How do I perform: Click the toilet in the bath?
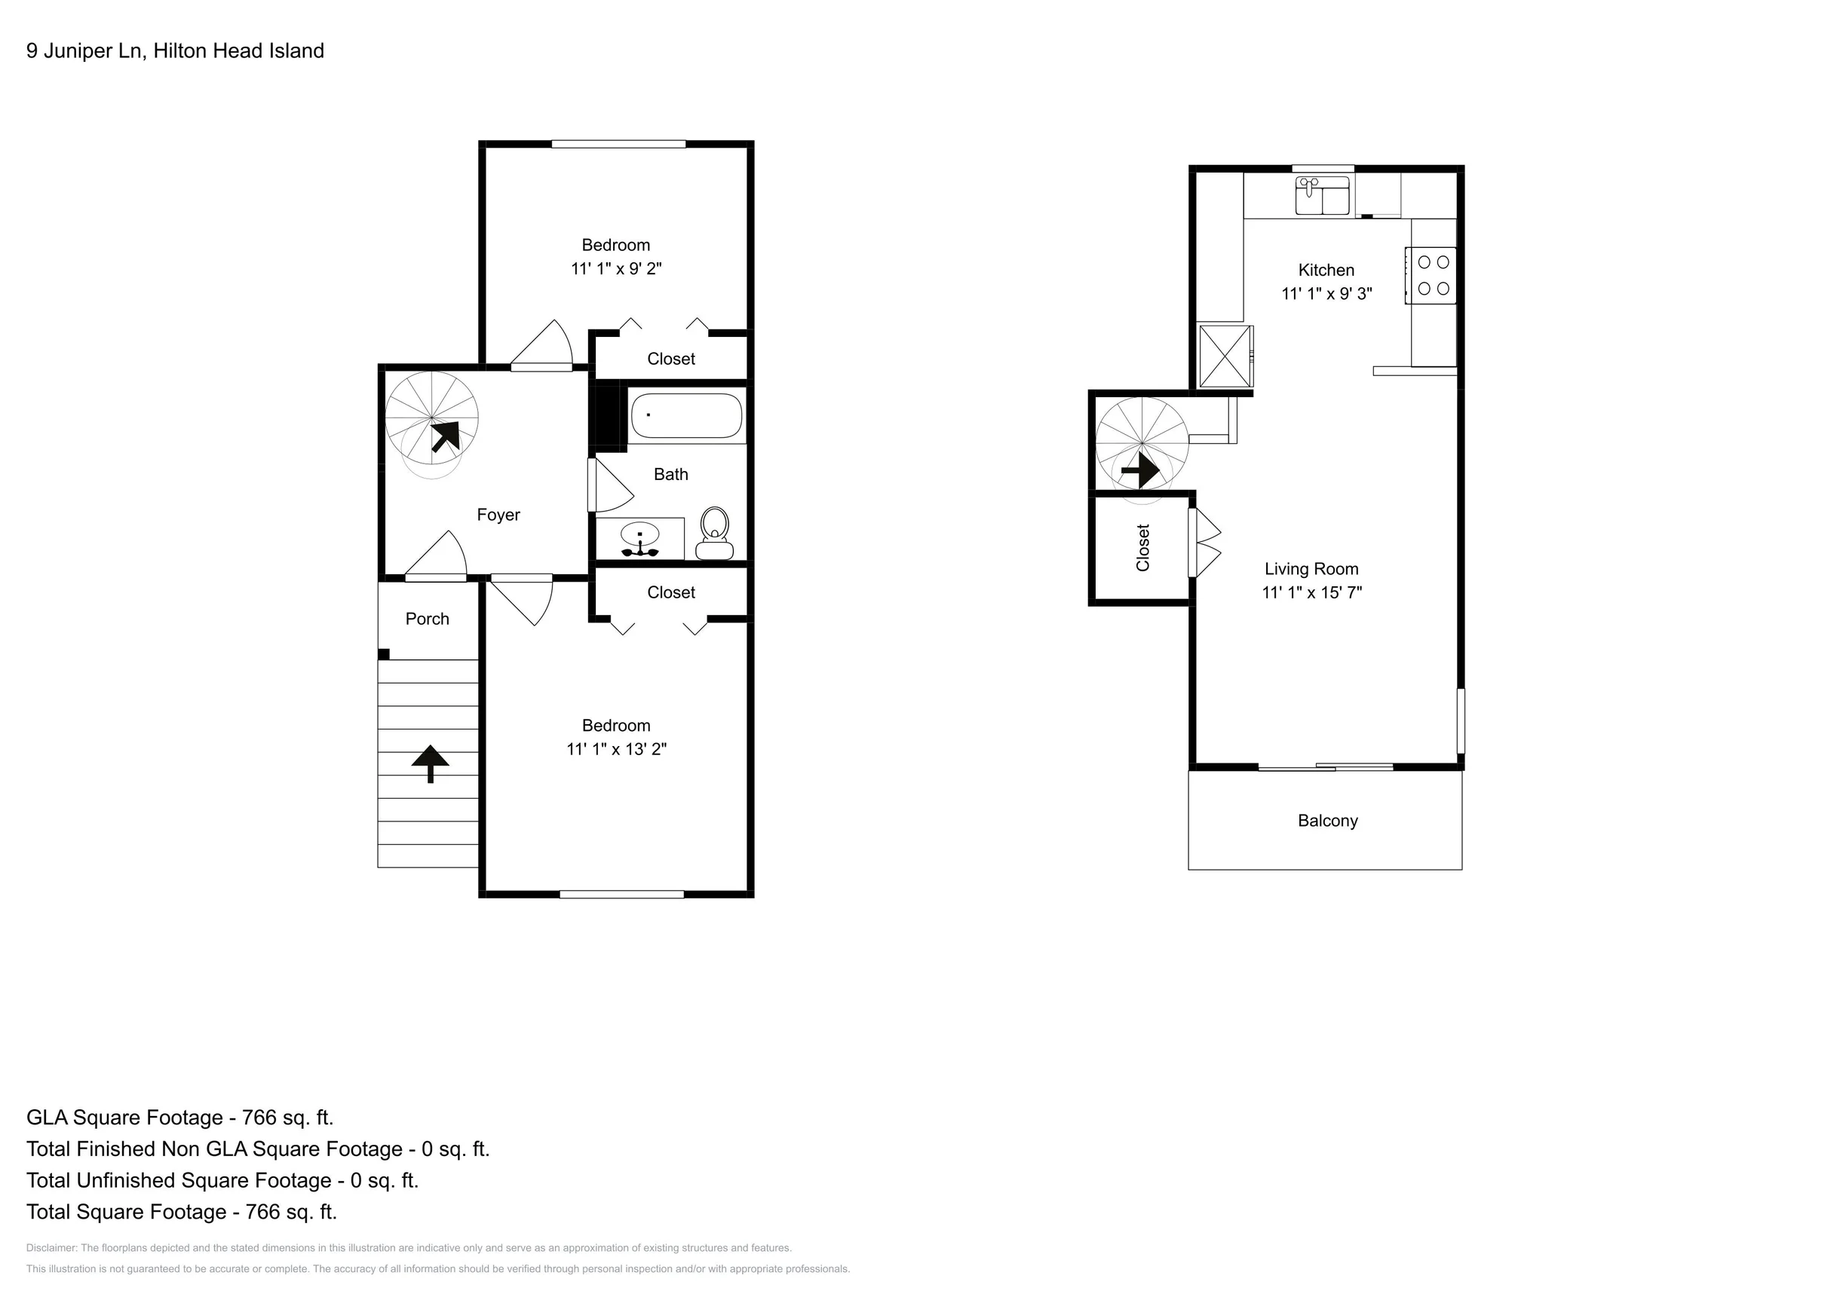click(713, 534)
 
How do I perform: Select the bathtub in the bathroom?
click(686, 416)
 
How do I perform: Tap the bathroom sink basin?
click(639, 534)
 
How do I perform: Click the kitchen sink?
click(1322, 195)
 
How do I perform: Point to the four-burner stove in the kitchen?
click(1432, 275)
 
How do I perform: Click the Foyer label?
click(498, 515)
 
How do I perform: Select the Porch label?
click(427, 619)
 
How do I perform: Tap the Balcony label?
click(1327, 821)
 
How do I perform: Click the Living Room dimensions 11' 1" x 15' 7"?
click(1312, 593)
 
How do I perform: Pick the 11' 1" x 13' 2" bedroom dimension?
click(616, 750)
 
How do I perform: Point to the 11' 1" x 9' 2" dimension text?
click(616, 269)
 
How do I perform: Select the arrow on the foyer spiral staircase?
click(446, 436)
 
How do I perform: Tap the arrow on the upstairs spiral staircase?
click(1140, 470)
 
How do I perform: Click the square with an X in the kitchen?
click(1225, 356)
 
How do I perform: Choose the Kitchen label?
click(1326, 271)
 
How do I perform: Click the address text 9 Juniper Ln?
click(85, 51)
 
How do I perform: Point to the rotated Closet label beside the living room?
click(1142, 548)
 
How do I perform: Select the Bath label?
click(670, 475)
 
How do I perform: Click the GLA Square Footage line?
click(179, 1118)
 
